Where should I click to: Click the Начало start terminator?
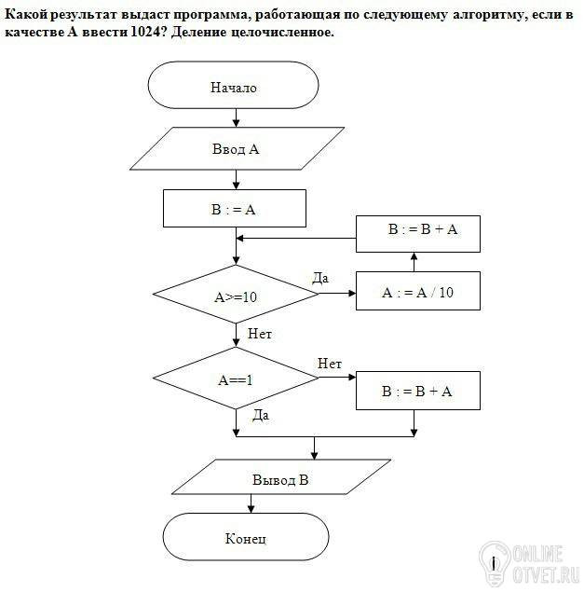tap(233, 86)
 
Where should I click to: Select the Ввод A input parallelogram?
tap(237, 148)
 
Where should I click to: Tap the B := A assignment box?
tap(235, 209)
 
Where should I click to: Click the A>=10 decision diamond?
tap(236, 294)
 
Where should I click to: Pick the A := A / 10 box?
tap(418, 291)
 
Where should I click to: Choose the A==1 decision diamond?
tap(236, 378)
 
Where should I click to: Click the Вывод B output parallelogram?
tap(281, 476)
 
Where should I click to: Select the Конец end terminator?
tap(246, 536)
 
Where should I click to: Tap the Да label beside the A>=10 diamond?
tap(320, 278)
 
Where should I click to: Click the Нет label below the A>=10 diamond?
tap(260, 334)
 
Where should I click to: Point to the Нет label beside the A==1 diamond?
tap(330, 364)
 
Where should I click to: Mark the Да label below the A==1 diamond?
tap(261, 415)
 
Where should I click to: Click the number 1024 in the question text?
tap(145, 32)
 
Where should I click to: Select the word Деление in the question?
tap(198, 33)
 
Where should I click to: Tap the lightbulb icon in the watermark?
tap(495, 562)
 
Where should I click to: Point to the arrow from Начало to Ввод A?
tap(237, 117)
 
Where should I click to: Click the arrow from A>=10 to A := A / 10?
tap(337, 293)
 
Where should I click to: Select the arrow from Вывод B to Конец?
tap(251, 503)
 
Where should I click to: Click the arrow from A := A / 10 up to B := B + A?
tap(414, 262)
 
